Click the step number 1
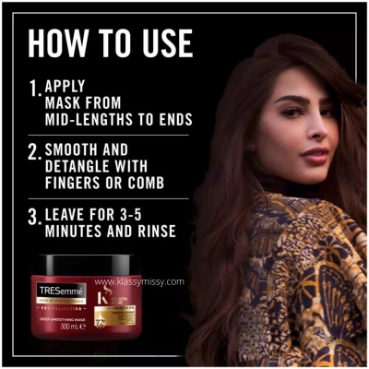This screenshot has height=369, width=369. (34, 90)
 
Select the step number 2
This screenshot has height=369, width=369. (35, 153)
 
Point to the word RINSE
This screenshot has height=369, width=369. (151, 232)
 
